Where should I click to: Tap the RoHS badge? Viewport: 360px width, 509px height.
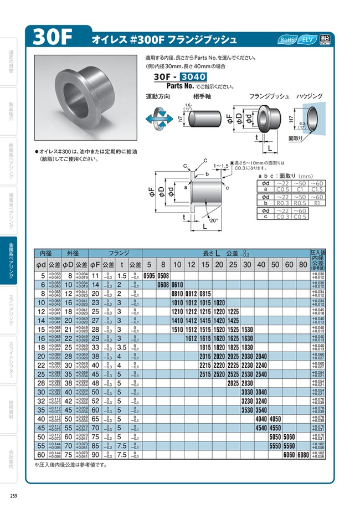[x=287, y=40]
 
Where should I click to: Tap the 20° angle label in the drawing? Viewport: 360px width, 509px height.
[x=215, y=221]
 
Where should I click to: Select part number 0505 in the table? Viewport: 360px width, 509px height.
[x=150, y=275]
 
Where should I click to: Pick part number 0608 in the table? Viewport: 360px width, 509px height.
[x=163, y=284]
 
